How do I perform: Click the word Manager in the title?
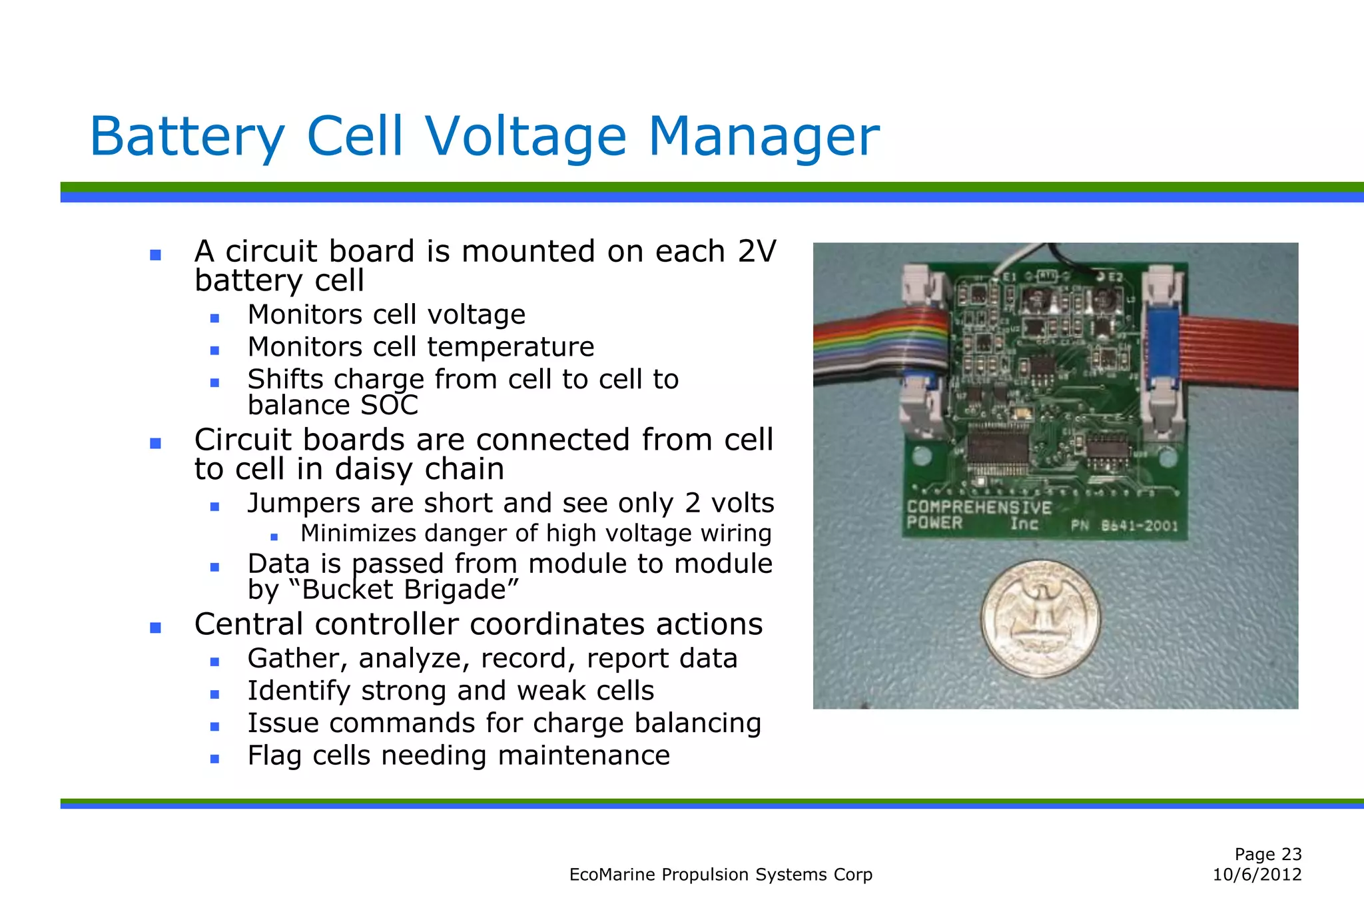coord(764,137)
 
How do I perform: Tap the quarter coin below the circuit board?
coord(1040,619)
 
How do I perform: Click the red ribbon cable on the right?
coord(1239,353)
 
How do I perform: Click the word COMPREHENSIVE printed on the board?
coord(979,508)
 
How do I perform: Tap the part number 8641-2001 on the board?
coord(1140,526)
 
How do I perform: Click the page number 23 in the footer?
coord(1291,854)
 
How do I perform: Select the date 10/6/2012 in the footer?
coord(1257,875)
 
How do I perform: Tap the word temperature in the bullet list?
coord(510,347)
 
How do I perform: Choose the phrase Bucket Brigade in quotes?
coord(410,590)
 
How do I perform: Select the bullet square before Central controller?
coord(156,628)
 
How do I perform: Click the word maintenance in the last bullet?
coord(583,755)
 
